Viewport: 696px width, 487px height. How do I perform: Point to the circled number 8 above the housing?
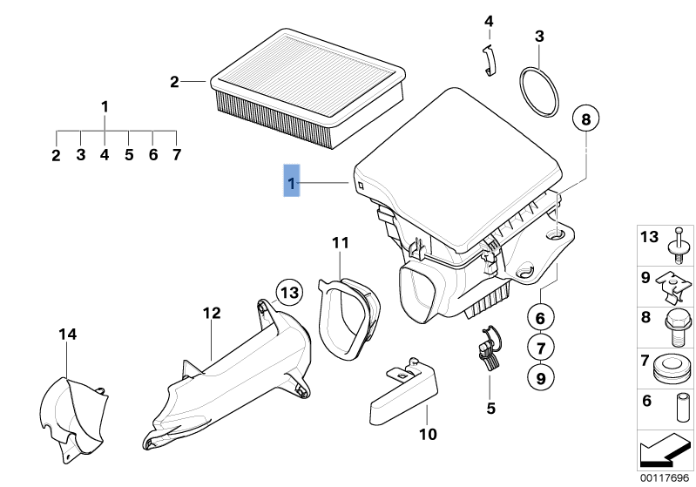point(585,118)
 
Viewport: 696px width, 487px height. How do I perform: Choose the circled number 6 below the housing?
point(539,318)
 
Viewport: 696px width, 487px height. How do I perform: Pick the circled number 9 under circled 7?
point(539,378)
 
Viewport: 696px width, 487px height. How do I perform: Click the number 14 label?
point(68,334)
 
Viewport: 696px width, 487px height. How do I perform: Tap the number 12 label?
point(213,313)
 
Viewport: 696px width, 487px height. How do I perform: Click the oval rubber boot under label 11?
point(348,317)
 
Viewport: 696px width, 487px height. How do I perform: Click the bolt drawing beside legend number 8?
point(677,320)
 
